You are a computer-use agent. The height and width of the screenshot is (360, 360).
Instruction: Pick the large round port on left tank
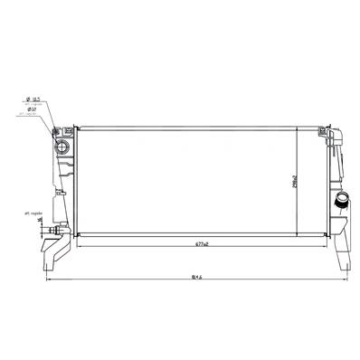click(62, 148)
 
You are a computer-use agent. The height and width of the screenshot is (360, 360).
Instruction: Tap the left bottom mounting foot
click(52, 263)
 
